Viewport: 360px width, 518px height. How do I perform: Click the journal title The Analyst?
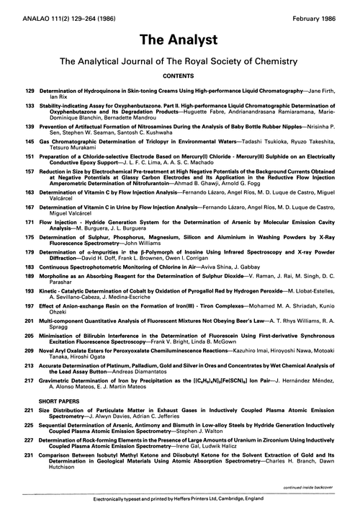(180, 36)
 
